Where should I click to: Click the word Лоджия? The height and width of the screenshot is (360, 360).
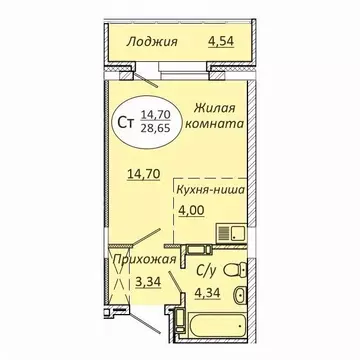click(x=153, y=41)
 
